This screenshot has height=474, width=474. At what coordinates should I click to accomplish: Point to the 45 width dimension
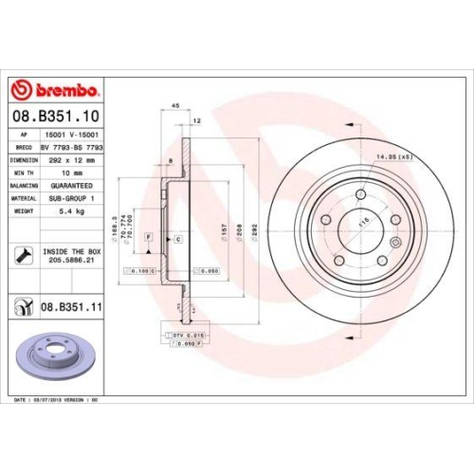click(x=176, y=106)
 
